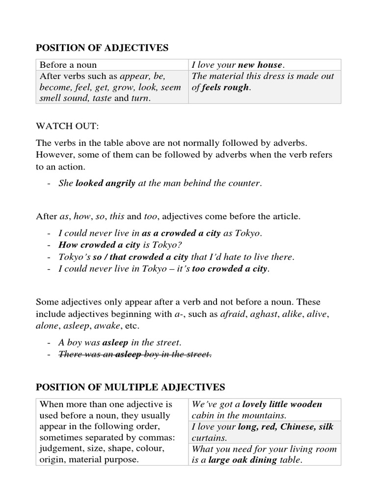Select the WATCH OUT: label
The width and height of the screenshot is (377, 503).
tap(67, 126)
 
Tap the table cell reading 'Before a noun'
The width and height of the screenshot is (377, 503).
tap(68, 65)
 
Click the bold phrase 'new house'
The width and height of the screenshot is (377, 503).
tap(260, 65)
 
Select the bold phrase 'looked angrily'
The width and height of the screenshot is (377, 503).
tap(105, 183)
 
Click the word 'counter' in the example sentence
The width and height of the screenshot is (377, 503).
tap(244, 183)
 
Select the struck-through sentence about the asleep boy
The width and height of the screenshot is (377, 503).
tap(135, 354)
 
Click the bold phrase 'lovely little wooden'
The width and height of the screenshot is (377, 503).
tap(282, 404)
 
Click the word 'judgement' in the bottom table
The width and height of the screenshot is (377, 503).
tap(62, 449)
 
